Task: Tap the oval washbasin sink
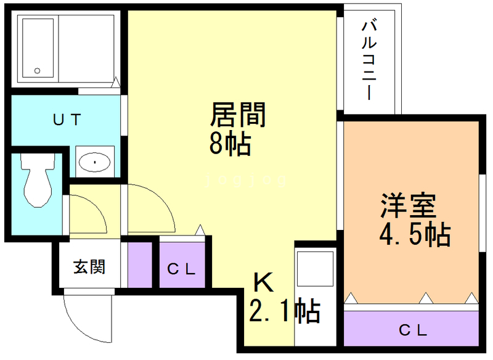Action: coord(94,162)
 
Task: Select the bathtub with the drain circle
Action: coord(38,48)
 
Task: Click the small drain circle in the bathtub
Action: coord(38,70)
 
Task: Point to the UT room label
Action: coord(67,120)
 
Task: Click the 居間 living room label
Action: coord(238,115)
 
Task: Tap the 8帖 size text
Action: coord(230,144)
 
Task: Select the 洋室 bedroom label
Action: coord(409,205)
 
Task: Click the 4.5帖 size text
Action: coord(415,234)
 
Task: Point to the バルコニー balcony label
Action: coord(369,60)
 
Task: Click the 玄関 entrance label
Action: coord(89,267)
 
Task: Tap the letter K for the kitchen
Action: coord(264,282)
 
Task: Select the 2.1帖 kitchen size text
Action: coord(285,311)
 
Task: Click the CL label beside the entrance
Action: coord(182,269)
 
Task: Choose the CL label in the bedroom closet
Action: coord(413,330)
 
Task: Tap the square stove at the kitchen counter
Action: coord(315,269)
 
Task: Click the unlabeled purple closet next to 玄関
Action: coord(140,264)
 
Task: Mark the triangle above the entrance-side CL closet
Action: coord(200,230)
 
